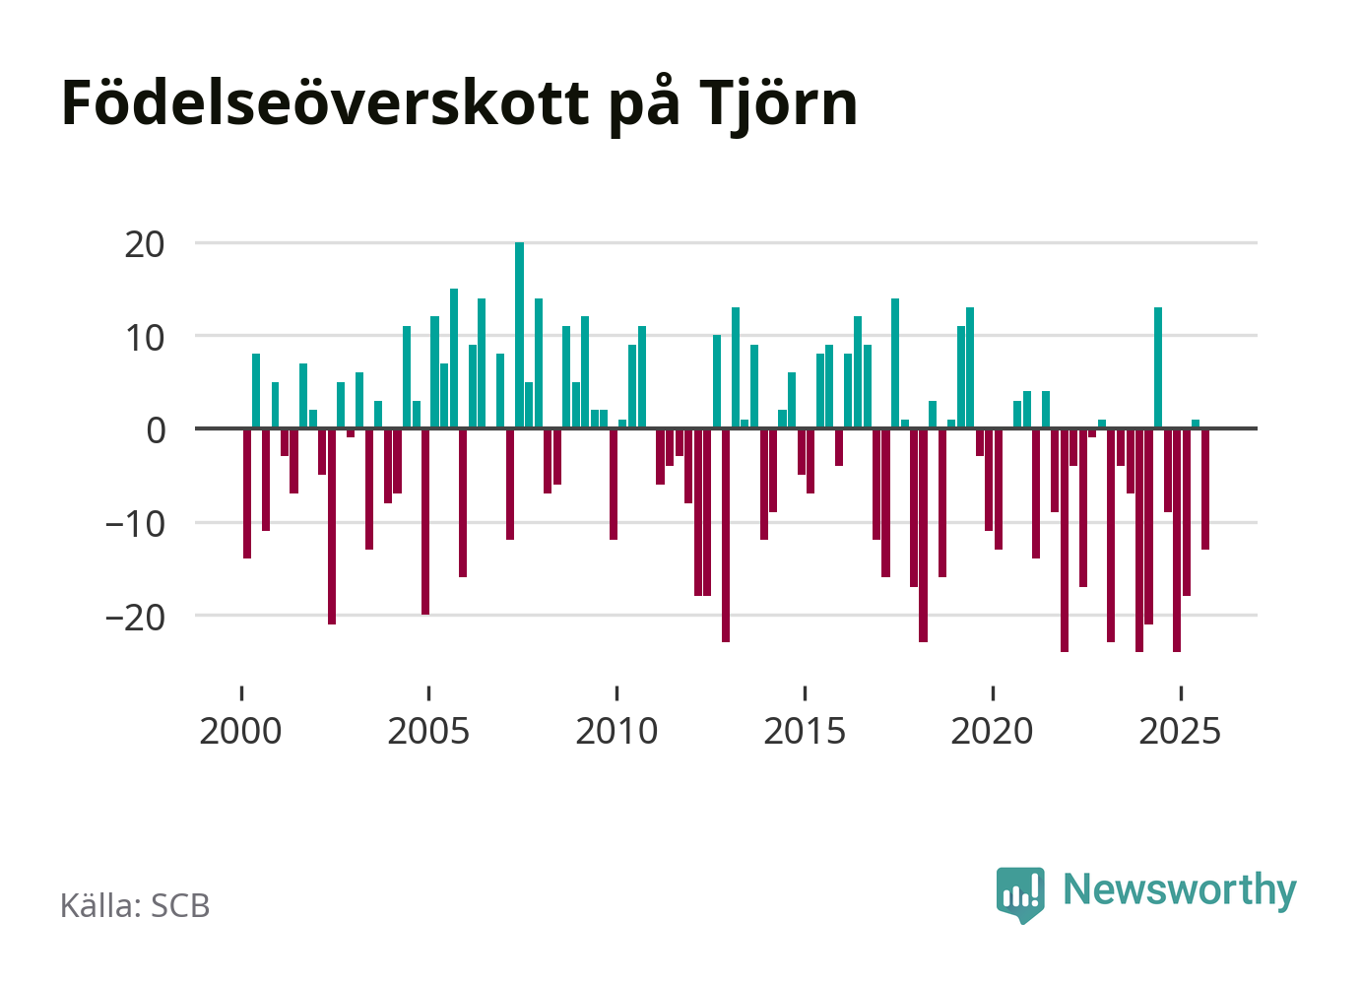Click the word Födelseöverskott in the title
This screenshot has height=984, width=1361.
coord(324,102)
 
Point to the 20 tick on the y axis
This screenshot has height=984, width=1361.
coord(145,243)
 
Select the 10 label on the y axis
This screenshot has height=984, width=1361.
coord(145,337)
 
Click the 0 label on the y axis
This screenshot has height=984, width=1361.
coord(156,429)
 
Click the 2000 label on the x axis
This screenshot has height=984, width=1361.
coord(241,731)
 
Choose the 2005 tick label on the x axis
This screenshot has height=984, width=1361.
coord(429,731)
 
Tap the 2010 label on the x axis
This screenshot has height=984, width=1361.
coord(617,731)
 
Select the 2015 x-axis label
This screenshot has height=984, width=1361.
coord(806,731)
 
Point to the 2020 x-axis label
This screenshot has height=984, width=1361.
coord(993,731)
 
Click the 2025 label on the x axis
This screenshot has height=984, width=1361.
coord(1181,731)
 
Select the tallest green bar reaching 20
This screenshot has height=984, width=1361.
coord(520,335)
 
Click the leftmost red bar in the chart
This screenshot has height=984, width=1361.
coord(247,492)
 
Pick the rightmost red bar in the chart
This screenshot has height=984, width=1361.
coord(1205,489)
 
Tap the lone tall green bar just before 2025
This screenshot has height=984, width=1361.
coord(1158,367)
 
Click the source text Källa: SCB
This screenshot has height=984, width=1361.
coord(135,905)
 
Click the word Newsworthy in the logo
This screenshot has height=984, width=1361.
coord(1180,889)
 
